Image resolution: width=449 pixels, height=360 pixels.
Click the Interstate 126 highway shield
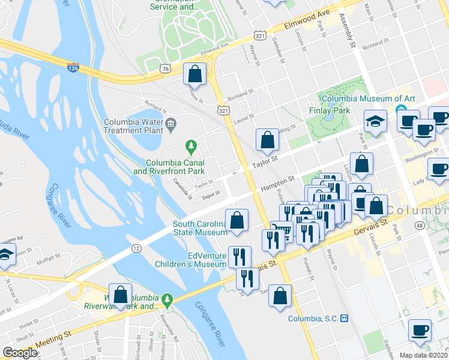[x=73, y=67]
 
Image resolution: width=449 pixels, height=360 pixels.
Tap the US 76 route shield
[x=165, y=70]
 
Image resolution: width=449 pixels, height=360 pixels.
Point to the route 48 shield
[x=418, y=225]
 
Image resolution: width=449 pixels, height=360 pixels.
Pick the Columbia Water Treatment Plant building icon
[x=171, y=123]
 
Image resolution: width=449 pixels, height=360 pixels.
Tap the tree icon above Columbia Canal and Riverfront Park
[x=191, y=145]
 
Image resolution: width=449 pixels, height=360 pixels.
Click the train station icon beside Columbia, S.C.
[x=345, y=319]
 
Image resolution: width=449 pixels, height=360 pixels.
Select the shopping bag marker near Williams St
[x=194, y=75]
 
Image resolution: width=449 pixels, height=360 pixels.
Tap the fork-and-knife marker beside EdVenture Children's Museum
[x=240, y=257]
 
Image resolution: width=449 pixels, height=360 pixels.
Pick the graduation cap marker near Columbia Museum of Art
[x=375, y=122]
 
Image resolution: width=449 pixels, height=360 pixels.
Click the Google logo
[x=19, y=353]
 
